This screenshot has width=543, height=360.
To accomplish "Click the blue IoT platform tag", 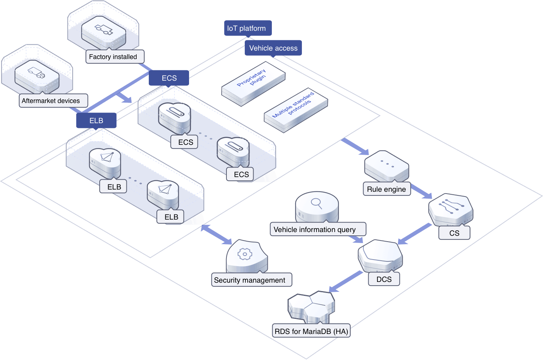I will coord(248,28).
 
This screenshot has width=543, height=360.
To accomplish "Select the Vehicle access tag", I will coord(273,48).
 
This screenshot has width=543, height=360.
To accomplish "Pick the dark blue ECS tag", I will coord(169,78).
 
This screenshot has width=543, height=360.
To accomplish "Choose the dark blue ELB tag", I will coord(96,121).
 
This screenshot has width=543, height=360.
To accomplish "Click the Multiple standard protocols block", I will coord(295,110).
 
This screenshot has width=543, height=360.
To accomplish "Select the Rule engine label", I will coord(387,189).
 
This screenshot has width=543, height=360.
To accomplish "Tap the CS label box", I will coord(454,233).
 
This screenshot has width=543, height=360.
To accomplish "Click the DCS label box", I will coord(384,279).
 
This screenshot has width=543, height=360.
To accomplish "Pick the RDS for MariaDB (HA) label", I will coord(311,331).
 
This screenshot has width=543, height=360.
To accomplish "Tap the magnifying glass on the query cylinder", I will coord(316,203).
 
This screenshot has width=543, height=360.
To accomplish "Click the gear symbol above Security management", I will coord(245,254).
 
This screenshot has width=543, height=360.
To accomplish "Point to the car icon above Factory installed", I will coord(104,29).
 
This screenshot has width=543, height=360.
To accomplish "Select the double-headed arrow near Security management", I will coord(217,235).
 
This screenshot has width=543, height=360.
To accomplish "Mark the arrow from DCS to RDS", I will coord(346,282).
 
